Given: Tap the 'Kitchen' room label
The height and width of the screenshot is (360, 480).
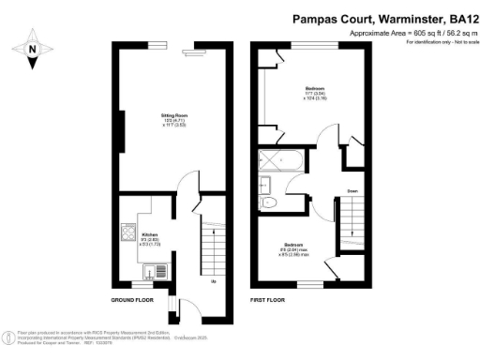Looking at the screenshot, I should pos(150,234).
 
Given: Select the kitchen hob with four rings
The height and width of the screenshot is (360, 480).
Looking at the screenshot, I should pos(126,232).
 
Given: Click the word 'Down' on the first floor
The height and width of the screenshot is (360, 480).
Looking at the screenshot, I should pos(352,190).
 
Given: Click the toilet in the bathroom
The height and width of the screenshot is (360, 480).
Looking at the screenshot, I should pos(271,202).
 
